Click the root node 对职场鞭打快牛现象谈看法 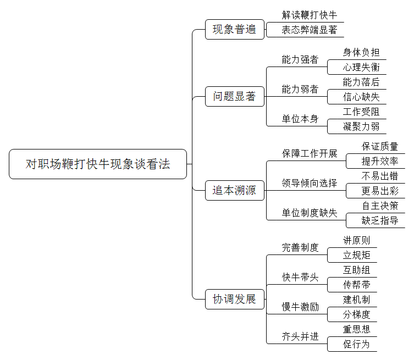98,164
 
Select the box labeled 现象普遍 235,29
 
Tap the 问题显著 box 235,96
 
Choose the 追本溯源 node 235,190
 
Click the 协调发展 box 235,299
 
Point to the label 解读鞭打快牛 309,15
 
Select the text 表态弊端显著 309,30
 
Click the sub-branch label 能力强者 300,59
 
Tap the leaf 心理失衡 361,67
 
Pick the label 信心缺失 361,97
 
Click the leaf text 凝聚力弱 361,126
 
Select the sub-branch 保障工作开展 309,153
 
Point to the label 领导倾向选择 309,183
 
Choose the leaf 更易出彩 380,191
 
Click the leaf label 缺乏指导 380,220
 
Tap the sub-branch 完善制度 300,247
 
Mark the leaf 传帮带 356,285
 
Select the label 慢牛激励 300,307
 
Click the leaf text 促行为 356,344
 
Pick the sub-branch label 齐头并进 300,336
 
